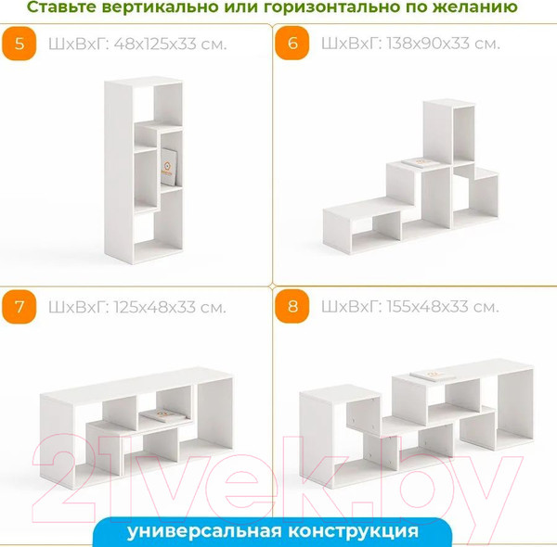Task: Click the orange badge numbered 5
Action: [x=19, y=44]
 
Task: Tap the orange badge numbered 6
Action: [x=292, y=43]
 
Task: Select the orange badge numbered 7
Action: [x=19, y=307]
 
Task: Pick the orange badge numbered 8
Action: [x=292, y=306]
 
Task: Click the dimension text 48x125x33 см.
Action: [x=170, y=45]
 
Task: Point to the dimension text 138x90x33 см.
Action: [x=444, y=44]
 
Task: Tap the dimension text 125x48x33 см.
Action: [x=170, y=307]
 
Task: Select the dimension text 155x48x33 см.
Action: [x=443, y=307]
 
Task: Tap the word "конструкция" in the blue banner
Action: [x=353, y=532]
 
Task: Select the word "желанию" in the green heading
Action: [x=475, y=6]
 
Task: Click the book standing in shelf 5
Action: [x=167, y=167]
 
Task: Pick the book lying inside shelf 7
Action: [x=163, y=415]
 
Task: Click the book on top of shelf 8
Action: [x=433, y=375]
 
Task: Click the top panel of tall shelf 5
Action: [x=144, y=82]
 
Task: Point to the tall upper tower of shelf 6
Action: [x=448, y=132]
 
